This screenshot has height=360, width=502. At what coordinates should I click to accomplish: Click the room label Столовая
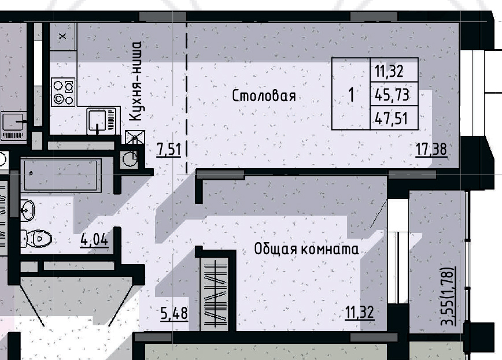pyautogui.click(x=264, y=96)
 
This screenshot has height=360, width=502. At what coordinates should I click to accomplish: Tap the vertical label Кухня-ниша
pyautogui.click(x=136, y=80)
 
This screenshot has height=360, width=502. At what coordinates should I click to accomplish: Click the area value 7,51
pyautogui.click(x=169, y=150)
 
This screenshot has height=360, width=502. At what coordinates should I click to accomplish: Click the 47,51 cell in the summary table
pyautogui.click(x=393, y=118)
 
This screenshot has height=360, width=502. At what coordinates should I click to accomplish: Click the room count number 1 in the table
pyautogui.click(x=350, y=94)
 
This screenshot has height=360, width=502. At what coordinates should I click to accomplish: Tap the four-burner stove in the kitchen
pyautogui.click(x=63, y=92)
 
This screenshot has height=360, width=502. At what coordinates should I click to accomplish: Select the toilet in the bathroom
pyautogui.click(x=38, y=237)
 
